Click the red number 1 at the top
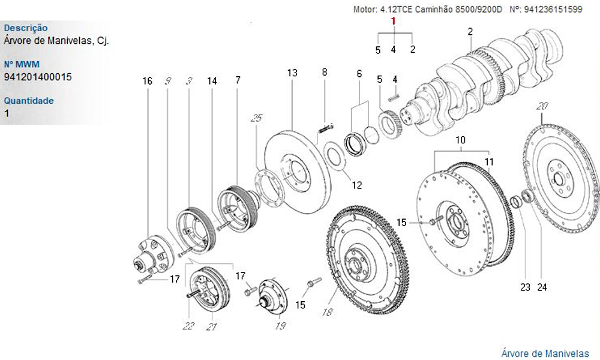click(x=394, y=21)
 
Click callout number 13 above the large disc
click(x=292, y=73)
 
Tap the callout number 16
click(x=148, y=80)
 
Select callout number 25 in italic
click(x=256, y=119)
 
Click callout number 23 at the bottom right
click(x=525, y=287)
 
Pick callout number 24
click(x=542, y=287)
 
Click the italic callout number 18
click(x=327, y=312)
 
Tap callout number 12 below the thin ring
click(x=357, y=185)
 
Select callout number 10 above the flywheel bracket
click(x=460, y=140)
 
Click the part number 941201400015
click(x=38, y=77)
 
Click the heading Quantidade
click(x=29, y=100)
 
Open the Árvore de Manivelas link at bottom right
click(x=545, y=353)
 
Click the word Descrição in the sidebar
click(x=26, y=28)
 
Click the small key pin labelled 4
click(x=394, y=95)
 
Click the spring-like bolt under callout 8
click(x=325, y=128)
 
